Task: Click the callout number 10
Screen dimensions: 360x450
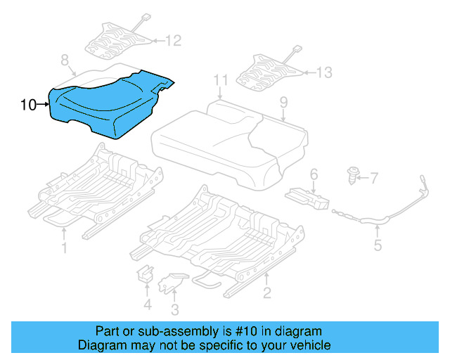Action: point(28,105)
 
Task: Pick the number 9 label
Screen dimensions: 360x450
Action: point(283,103)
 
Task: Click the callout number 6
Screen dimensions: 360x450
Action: point(314,173)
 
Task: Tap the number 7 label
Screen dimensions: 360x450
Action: point(374,179)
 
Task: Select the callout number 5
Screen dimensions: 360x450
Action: point(378,245)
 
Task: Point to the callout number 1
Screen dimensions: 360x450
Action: point(64,247)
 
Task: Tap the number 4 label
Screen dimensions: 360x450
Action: point(146,304)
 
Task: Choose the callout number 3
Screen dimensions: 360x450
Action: point(174,309)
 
